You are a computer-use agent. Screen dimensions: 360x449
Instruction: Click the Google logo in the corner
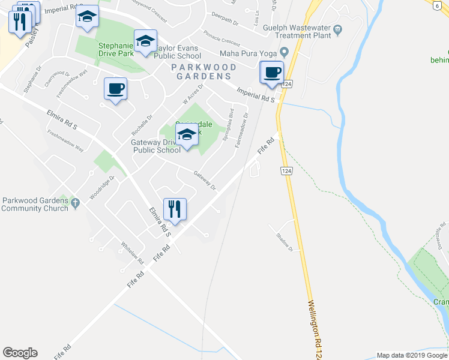[x=20, y=353]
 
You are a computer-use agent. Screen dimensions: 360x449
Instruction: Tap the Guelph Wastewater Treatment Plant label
[x=297, y=31]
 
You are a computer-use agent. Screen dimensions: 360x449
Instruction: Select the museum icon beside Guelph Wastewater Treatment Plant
[x=338, y=28]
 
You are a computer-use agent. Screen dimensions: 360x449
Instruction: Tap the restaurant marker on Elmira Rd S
[x=175, y=209]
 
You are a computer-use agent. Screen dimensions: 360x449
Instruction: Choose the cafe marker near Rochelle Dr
[x=115, y=89]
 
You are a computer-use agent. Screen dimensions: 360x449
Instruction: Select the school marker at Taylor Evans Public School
[x=145, y=41]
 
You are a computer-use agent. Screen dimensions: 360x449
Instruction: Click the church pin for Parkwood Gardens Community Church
[x=75, y=204]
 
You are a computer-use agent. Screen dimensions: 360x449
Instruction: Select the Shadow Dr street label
[x=285, y=240]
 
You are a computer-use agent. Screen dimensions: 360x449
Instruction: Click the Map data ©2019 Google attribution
[x=412, y=355]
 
